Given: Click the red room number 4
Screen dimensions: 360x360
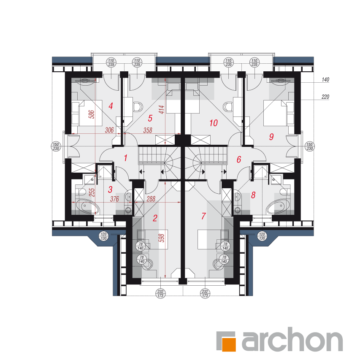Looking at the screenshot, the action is click(x=111, y=106).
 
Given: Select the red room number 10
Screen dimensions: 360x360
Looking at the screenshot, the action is click(x=214, y=123).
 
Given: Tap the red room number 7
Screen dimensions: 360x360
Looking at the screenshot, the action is click(x=203, y=216).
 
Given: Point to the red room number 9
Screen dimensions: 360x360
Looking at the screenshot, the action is click(x=271, y=137).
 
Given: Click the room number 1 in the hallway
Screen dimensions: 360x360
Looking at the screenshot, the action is click(x=126, y=158).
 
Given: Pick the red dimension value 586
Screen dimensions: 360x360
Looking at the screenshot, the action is click(x=92, y=114).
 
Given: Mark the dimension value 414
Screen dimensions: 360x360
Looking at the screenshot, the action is click(x=162, y=109).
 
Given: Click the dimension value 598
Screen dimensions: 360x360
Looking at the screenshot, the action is click(x=162, y=238).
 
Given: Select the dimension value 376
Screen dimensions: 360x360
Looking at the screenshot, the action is click(x=114, y=199).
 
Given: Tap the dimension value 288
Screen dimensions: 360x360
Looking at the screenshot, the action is click(x=151, y=199).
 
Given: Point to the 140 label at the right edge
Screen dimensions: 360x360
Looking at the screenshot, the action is click(x=325, y=79).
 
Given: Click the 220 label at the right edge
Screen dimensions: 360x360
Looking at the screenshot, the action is click(x=325, y=97).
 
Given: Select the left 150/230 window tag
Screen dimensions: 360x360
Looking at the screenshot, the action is click(x=56, y=146).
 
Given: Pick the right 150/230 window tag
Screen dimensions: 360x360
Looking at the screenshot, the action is click(x=310, y=146).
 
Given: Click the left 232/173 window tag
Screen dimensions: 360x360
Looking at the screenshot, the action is click(x=160, y=294).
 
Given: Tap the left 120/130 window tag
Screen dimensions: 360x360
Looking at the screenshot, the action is click(x=103, y=236).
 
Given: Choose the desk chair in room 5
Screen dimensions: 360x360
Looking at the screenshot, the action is click(x=138, y=107).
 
